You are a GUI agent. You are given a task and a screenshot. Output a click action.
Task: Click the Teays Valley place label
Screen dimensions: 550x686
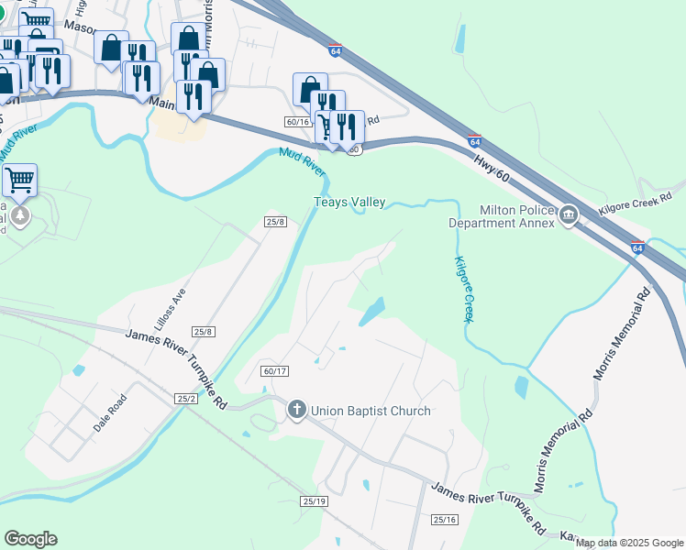(x=349, y=203)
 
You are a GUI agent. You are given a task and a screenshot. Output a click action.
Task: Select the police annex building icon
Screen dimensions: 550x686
(x=569, y=216)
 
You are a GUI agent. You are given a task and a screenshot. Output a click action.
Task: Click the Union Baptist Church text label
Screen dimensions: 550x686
(x=370, y=411)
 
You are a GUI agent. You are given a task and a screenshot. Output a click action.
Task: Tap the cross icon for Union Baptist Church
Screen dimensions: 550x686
(x=296, y=410)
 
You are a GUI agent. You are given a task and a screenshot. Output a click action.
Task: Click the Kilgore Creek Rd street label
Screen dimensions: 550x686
(x=642, y=209)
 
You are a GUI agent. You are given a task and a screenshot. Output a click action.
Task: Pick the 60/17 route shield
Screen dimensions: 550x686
(x=274, y=371)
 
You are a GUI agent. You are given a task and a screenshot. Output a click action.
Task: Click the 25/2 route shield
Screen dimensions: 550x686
(x=186, y=399)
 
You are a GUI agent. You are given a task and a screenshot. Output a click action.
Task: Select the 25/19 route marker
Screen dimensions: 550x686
(x=314, y=500)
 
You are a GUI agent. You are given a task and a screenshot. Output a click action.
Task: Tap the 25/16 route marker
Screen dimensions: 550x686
(x=445, y=520)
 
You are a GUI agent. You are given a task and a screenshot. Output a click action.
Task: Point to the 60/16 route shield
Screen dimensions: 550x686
(x=297, y=121)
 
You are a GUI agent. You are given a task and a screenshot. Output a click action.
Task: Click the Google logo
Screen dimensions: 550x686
(x=30, y=539)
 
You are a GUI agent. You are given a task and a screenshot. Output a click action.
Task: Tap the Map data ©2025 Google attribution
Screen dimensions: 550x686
(x=629, y=543)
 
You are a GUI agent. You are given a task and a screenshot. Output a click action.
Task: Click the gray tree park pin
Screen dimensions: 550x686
(x=20, y=216)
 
